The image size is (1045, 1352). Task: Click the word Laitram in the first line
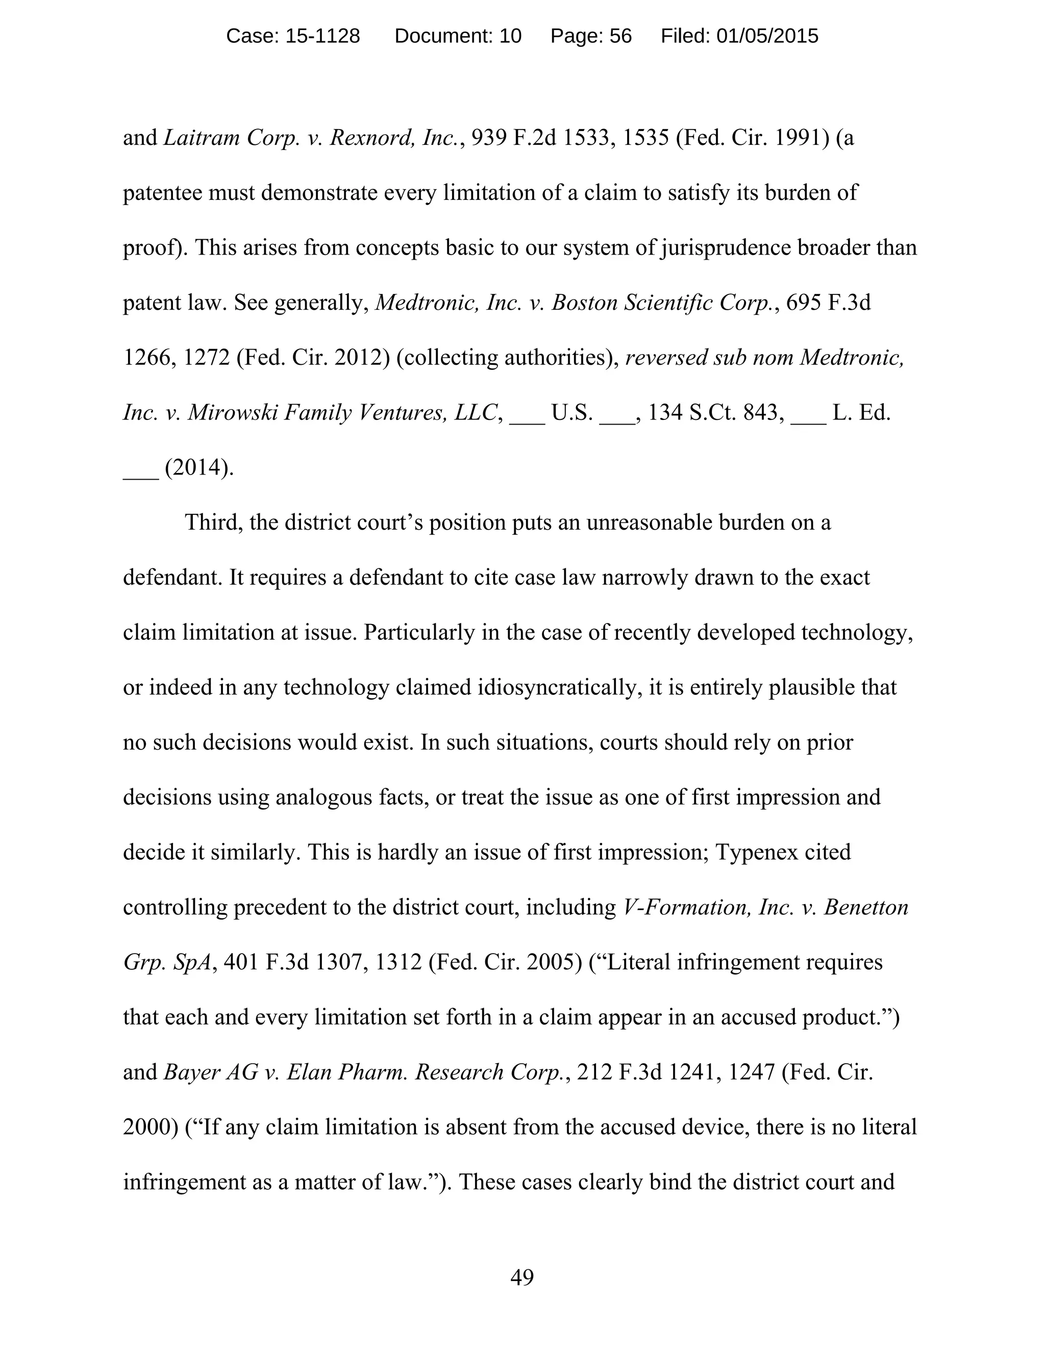click(201, 137)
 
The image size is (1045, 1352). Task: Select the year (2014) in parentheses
click(198, 467)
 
